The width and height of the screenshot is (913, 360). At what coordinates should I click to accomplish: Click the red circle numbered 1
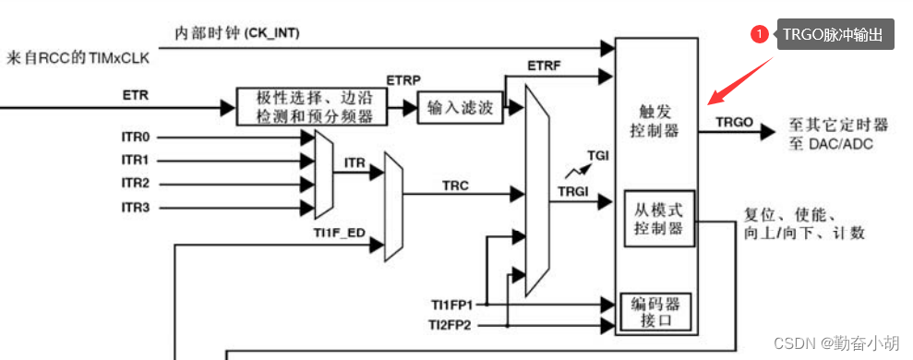(x=759, y=34)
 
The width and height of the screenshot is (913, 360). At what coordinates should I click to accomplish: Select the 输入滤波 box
(x=460, y=107)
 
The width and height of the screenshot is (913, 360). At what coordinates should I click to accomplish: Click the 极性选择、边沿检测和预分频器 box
(x=308, y=107)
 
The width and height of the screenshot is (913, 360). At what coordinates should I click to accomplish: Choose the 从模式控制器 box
(x=658, y=219)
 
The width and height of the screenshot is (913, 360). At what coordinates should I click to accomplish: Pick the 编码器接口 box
(x=659, y=312)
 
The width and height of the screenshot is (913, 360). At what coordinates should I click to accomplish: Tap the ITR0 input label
(x=136, y=137)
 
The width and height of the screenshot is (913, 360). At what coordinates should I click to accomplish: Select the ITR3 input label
(x=136, y=207)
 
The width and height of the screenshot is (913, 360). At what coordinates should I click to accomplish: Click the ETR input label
(x=134, y=93)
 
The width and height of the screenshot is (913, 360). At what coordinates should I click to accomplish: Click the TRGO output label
(x=734, y=121)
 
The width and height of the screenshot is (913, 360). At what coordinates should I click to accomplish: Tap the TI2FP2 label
(x=449, y=324)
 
